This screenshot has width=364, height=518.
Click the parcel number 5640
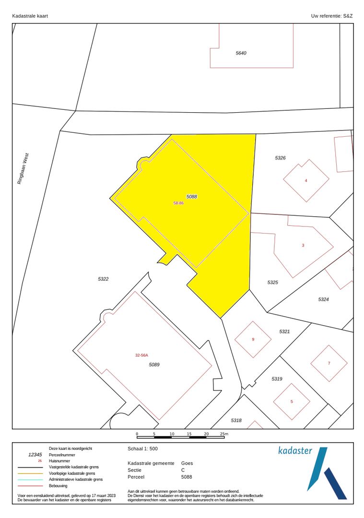pos(241,53)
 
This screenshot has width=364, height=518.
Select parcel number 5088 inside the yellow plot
pos(192,197)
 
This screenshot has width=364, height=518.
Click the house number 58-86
pos(178,203)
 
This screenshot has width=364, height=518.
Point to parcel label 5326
pos(280,158)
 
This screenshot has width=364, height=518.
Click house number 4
pos(306,181)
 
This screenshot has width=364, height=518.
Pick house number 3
pos(303,246)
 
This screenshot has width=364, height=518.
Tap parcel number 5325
pos(272,283)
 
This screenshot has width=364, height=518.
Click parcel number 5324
pos(323,299)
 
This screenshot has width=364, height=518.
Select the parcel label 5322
pos(103,279)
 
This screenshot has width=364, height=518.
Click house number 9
pos(253,340)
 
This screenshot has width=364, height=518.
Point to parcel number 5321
pos(285,331)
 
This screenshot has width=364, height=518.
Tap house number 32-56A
pos(142,355)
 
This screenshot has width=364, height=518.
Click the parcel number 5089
pos(154,365)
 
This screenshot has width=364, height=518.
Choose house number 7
pos(329,363)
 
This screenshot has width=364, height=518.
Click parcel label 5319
pos(277,379)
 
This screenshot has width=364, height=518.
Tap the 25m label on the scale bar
pos(224,434)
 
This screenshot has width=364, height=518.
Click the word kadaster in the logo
pos(295,451)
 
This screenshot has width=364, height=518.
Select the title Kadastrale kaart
pos(30,16)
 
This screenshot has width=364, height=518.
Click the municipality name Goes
pos(187,463)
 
